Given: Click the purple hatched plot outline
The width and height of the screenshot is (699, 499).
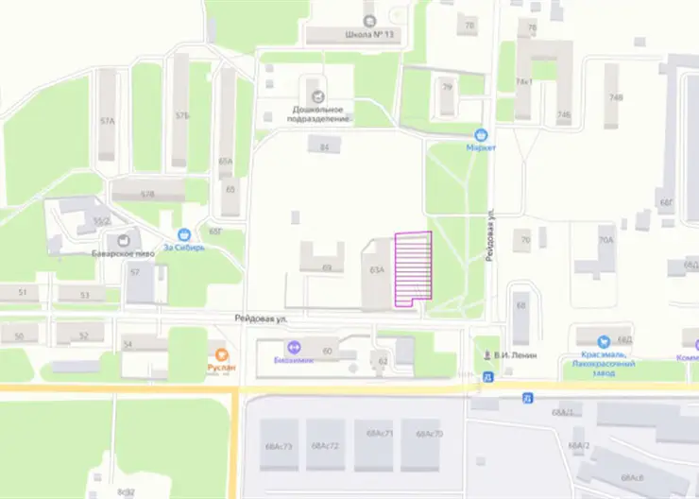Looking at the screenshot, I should pos(412,267).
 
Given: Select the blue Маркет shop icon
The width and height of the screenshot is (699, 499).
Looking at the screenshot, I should pos(481,135).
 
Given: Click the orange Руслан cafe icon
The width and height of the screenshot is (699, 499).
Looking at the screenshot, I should pos(221,353).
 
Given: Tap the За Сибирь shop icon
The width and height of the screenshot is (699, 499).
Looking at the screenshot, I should pos(184,234).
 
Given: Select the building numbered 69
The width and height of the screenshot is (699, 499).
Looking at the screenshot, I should pos(327,268).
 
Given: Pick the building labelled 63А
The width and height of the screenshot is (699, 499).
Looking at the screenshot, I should pos(377,271).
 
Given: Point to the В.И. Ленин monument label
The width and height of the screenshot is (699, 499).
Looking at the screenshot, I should pos(515,355).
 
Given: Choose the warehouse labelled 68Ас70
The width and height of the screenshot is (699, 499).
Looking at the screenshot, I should pos(429,435).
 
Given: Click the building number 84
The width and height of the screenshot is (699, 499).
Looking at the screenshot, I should pos(325,146).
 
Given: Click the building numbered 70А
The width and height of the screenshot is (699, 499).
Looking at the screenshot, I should pos(605,241).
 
